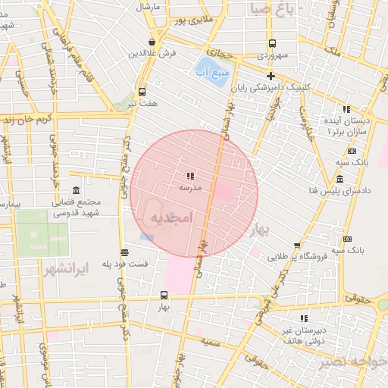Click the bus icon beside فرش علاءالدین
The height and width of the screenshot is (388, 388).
[153, 42]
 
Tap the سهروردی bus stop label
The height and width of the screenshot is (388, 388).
[273, 55]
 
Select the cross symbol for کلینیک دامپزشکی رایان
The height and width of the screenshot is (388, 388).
[271, 75]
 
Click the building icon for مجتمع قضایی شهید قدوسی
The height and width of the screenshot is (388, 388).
[75, 190]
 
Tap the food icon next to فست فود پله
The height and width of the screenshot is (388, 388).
[124, 252]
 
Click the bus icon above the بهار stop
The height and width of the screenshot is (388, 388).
[164, 295]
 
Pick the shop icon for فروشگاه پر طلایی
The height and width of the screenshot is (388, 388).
[296, 245]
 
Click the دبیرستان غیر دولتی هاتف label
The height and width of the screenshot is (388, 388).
[304, 336]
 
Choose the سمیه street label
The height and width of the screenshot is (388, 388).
[211, 343]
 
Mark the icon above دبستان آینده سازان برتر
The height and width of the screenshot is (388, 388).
[346, 108]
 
